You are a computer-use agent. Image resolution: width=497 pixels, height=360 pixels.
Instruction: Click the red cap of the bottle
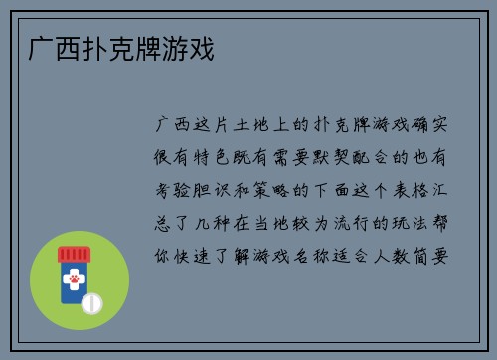[x=75, y=253]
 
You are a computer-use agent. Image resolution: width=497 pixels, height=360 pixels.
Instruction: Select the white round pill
[x=92, y=302]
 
